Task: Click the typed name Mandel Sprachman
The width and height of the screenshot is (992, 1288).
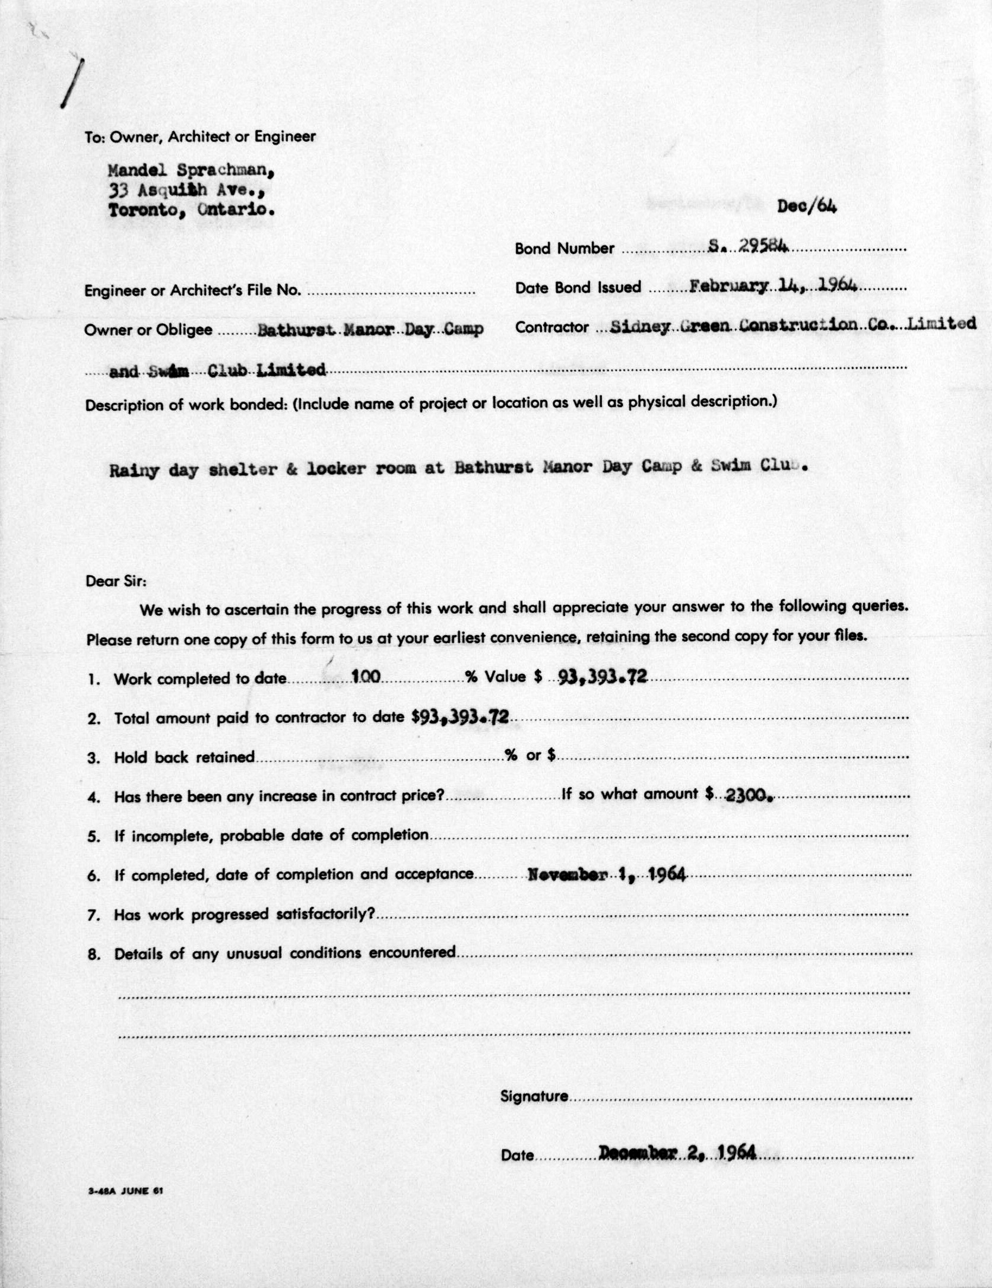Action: [x=190, y=171]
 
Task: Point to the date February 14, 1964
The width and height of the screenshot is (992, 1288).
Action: [x=774, y=286]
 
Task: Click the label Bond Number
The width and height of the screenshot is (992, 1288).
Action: [x=564, y=248]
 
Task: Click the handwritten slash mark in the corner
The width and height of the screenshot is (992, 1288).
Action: [x=71, y=83]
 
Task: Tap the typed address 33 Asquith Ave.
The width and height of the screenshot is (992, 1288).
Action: [x=185, y=191]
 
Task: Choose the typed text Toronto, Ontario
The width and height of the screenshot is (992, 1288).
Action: [x=191, y=210]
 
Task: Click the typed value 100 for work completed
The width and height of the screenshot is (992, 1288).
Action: [x=366, y=676]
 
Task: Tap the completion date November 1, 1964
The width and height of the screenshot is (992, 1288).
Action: [x=607, y=874]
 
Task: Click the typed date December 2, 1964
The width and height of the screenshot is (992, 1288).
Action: [x=677, y=1153]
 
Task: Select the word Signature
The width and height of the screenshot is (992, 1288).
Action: [x=534, y=1096]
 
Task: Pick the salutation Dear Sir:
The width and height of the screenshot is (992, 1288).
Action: [x=116, y=580]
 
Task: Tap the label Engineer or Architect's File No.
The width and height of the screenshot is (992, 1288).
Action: [x=192, y=290]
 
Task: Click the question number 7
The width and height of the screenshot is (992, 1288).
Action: [x=93, y=915]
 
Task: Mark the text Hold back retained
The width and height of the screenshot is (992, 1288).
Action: [x=184, y=757]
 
